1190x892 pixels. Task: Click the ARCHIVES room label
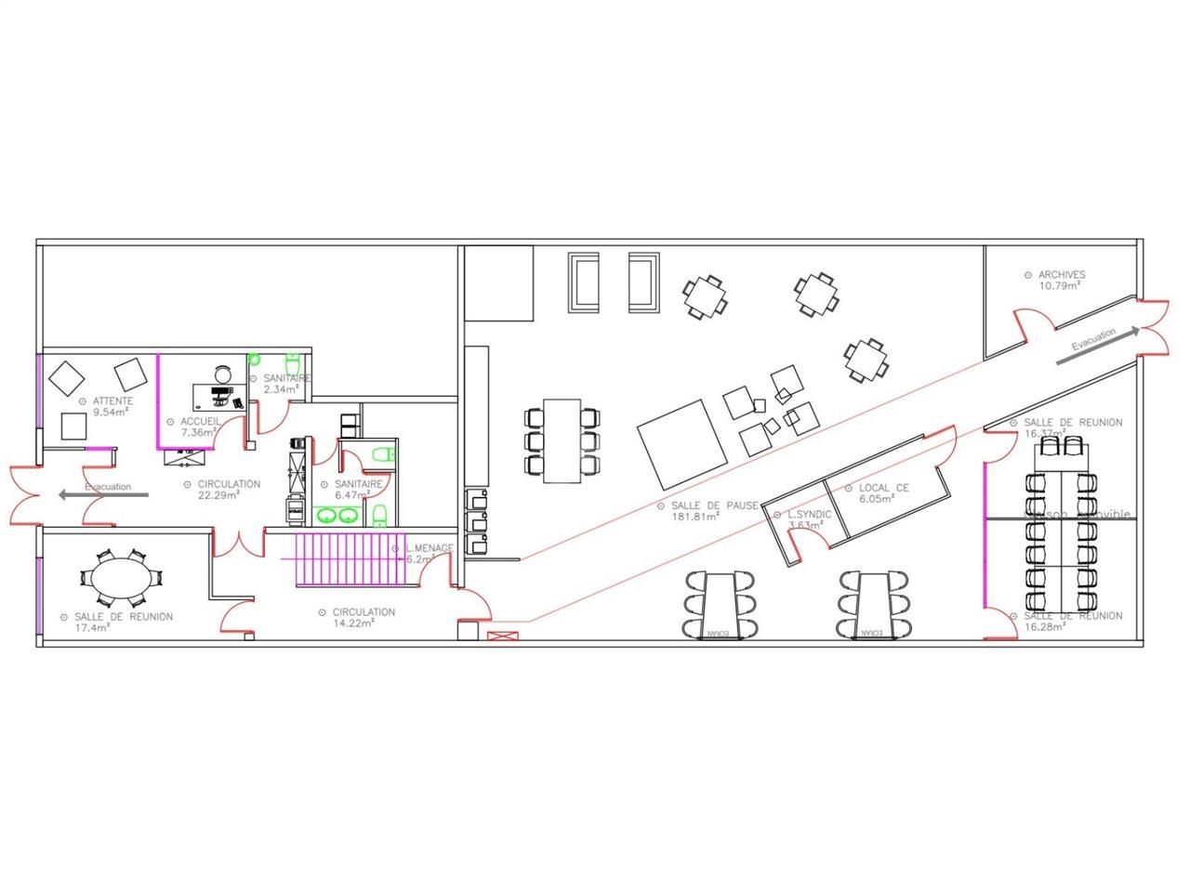click(x=1061, y=274)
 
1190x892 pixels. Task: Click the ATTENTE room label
click(x=112, y=401)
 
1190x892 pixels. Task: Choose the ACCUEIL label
click(x=200, y=421)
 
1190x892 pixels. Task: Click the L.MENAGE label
click(x=429, y=548)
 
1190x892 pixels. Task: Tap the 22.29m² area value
click(x=220, y=495)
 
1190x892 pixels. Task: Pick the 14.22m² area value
click(x=354, y=623)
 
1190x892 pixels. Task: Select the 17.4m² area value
click(x=93, y=627)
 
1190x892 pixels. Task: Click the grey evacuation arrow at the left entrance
click(x=102, y=495)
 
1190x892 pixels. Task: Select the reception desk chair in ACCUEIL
click(x=221, y=374)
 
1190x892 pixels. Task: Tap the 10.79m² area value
click(x=1060, y=285)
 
